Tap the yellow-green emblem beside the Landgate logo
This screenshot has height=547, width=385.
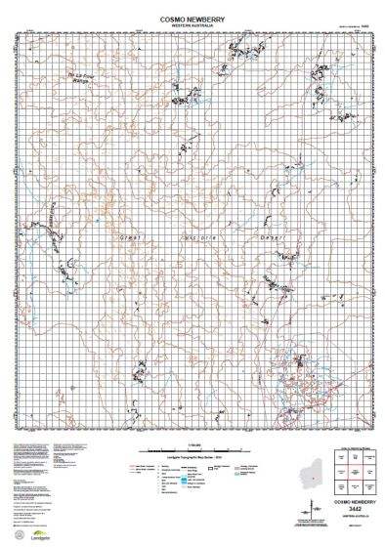pyautogui.click(x=20, y=530)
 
